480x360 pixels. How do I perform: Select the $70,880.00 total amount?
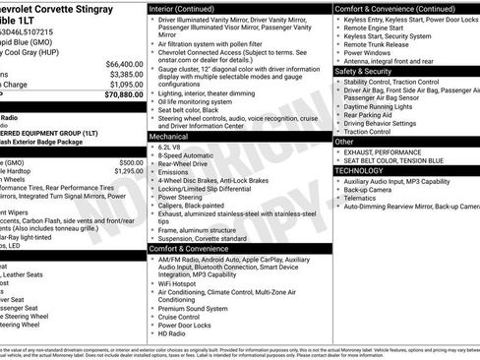coord(121,96)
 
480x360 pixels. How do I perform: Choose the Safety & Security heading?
coord(363,71)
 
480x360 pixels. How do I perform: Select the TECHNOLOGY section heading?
coord(359,170)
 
